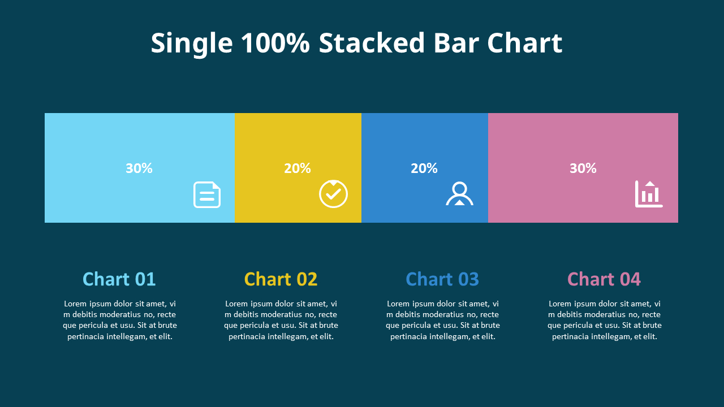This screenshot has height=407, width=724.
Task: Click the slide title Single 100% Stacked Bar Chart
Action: coord(356,44)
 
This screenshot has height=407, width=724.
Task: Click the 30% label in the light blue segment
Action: coord(139,168)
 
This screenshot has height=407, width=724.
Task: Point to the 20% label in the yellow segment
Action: coord(298,168)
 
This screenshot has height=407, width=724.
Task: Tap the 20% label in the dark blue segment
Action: coord(424,168)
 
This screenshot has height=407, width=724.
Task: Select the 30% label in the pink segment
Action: coord(583,168)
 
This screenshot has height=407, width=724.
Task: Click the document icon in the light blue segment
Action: coord(207,194)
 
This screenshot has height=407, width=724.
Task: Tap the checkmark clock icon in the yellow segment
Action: coord(333,194)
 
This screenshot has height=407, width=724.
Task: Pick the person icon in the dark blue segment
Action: coord(459,194)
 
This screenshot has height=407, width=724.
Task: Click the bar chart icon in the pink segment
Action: coord(649,194)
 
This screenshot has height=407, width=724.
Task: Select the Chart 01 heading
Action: coord(119,279)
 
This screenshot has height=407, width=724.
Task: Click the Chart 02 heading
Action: coord(281,279)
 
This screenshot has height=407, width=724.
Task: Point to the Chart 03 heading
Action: coord(442,279)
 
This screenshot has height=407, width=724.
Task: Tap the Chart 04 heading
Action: coord(604,279)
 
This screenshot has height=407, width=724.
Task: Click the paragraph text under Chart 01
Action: coord(120,320)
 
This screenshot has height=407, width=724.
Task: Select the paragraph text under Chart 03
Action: coord(443,320)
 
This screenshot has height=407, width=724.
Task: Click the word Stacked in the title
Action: coord(372,44)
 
